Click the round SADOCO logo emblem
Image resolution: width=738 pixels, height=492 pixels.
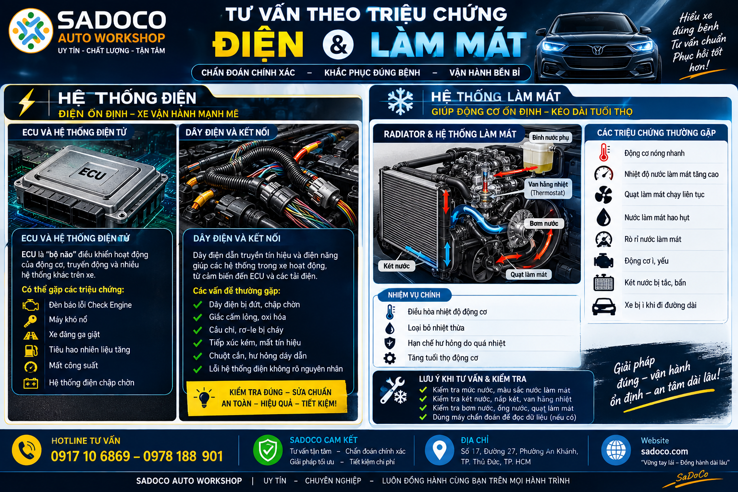pos(31,31)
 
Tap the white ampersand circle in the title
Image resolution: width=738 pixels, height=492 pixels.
pos(338,45)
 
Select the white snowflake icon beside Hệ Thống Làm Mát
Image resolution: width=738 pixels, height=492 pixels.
pos(400,101)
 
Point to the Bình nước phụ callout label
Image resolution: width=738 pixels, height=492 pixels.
pos(550,137)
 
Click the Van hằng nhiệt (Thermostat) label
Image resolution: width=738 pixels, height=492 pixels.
pos(548,188)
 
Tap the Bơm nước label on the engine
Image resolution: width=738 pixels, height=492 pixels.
pos(543,223)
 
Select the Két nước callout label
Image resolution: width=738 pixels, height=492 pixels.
pos(396,266)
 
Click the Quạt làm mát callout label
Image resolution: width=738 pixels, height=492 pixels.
pos(529,274)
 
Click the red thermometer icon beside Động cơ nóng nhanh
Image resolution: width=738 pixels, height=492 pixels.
pos(604,152)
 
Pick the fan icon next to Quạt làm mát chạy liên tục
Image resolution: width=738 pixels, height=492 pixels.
pos(603,195)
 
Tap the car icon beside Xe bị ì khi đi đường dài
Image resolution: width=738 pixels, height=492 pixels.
pos(603,306)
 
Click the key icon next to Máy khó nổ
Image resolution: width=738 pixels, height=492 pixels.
pos(30,320)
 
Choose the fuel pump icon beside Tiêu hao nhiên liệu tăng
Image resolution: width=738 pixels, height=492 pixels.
pos(31,350)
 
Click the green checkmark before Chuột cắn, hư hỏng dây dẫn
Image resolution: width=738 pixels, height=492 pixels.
pos(197,356)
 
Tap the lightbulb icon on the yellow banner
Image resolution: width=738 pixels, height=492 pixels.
pos(204,397)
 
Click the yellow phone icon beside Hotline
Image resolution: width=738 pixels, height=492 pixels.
pos(27,450)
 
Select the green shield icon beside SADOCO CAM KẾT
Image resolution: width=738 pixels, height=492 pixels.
pos(268,450)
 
